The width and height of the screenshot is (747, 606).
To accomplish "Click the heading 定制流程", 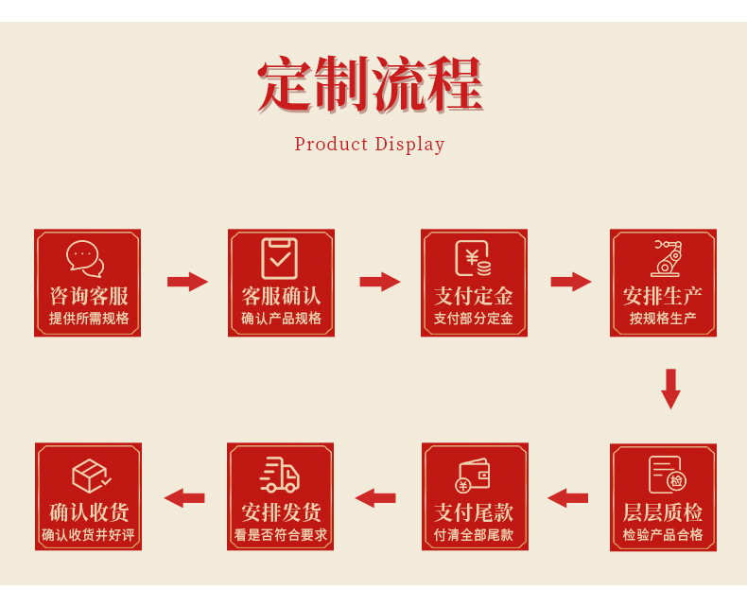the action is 370,86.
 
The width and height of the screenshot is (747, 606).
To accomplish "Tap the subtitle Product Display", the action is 369,145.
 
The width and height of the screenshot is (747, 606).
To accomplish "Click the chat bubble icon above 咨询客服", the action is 86,258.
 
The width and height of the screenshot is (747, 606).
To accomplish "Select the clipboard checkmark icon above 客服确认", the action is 280,258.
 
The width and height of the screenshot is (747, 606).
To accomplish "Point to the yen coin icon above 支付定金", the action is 473,258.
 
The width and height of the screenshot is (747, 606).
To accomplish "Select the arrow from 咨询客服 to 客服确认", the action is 187,282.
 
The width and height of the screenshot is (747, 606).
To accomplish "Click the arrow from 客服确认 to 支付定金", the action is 380,282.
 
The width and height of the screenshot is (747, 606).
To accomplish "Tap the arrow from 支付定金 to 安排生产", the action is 571,282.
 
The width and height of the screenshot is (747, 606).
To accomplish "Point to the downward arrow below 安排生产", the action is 670,389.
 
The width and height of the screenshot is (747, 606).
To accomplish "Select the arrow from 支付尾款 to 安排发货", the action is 375,497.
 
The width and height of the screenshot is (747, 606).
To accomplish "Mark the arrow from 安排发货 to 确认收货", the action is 184,497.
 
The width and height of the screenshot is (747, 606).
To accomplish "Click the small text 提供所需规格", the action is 89,319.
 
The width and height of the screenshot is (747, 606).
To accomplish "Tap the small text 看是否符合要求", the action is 281,535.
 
